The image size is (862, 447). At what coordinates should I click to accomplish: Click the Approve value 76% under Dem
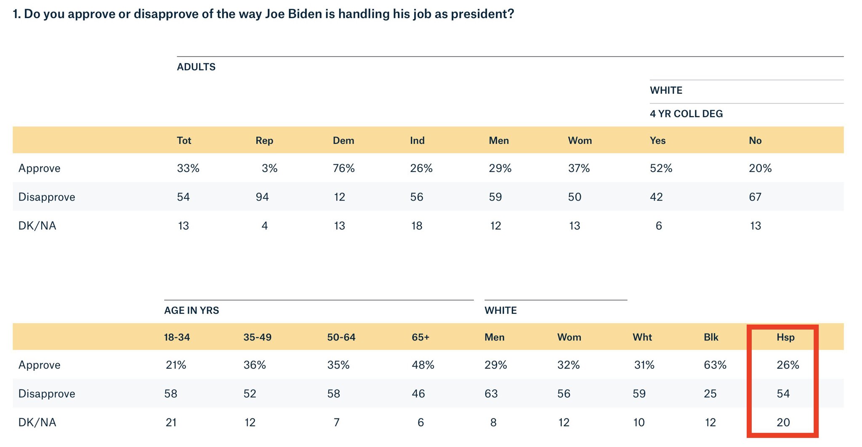(x=343, y=168)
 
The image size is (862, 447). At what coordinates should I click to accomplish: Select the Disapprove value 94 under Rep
(x=262, y=197)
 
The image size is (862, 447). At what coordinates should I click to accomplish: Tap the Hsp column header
(x=785, y=337)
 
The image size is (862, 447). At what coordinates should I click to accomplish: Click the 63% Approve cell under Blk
(x=715, y=365)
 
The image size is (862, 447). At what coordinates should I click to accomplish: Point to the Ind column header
(x=417, y=140)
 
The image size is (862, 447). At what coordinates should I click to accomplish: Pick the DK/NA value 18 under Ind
(x=416, y=226)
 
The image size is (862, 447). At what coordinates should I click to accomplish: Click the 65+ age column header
(x=420, y=337)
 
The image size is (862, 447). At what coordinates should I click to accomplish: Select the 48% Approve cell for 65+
(x=423, y=365)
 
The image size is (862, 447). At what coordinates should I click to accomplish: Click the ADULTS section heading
(x=196, y=67)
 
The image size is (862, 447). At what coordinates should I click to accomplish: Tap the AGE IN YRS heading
(x=191, y=310)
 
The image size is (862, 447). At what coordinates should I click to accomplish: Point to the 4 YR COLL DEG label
(x=686, y=114)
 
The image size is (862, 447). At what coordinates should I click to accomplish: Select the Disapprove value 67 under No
(x=755, y=197)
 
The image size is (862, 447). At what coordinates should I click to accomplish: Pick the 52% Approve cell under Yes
(x=661, y=168)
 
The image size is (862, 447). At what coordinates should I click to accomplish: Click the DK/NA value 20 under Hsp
(x=783, y=422)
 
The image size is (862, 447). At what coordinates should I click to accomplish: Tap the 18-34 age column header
(x=177, y=337)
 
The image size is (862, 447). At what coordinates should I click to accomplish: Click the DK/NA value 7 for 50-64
(x=336, y=422)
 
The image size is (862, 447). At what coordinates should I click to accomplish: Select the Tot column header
(x=184, y=140)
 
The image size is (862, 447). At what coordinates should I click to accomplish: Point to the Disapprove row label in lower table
(x=47, y=394)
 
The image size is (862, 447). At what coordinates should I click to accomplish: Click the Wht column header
(x=642, y=337)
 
